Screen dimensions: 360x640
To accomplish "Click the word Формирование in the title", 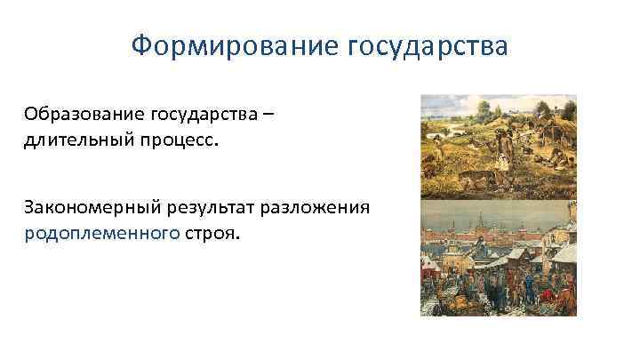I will (224, 44).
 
